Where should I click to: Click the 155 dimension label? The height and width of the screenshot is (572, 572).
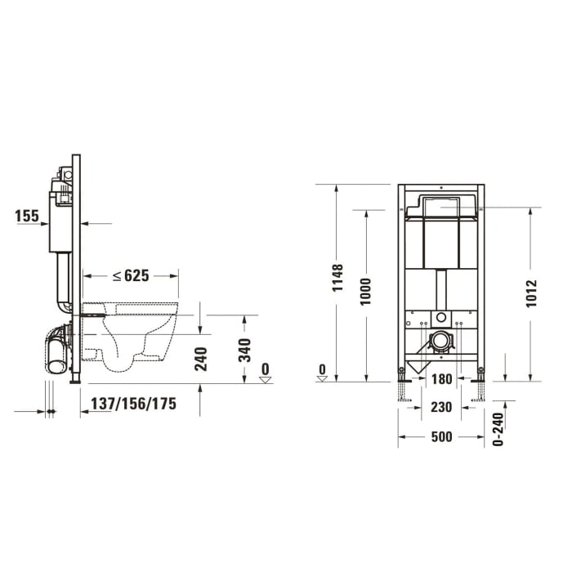pos(27,216)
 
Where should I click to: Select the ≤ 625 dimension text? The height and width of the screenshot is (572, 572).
pos(131,276)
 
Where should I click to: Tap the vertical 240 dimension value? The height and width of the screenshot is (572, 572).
pos(201,359)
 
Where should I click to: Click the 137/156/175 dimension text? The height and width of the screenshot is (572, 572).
pos(133,403)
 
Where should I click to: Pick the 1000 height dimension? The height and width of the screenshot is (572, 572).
pos(366,293)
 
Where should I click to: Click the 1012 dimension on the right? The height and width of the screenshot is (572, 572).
pos(532,294)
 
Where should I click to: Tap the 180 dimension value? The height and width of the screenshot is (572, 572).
pos(442,379)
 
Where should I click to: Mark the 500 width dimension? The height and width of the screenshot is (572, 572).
pos(442,438)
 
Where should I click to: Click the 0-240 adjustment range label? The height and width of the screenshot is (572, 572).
pos(500,428)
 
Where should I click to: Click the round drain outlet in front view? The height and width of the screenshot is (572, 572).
pos(442,340)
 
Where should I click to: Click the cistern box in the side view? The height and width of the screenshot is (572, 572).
pos(57,221)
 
